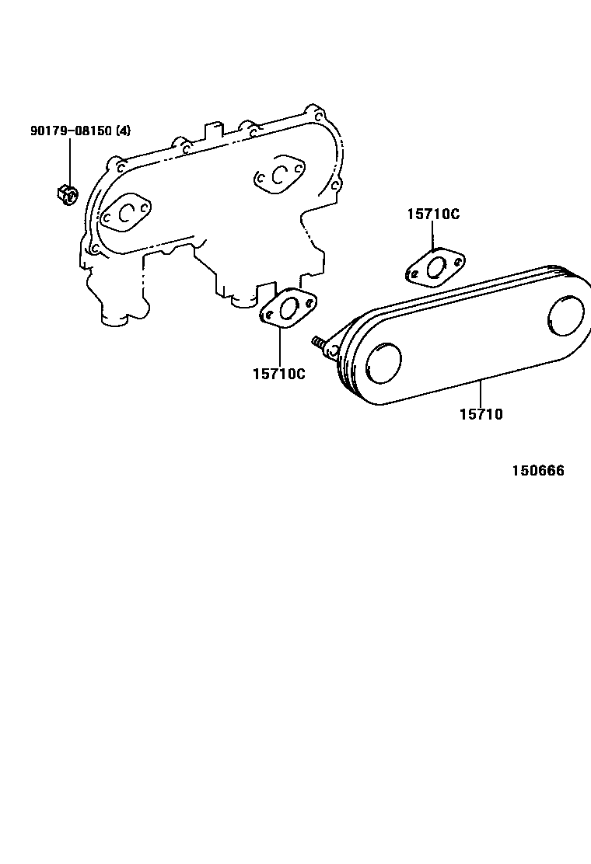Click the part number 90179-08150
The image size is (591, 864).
click(71, 131)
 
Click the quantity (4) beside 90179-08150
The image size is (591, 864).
click(123, 131)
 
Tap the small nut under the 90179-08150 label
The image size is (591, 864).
click(67, 191)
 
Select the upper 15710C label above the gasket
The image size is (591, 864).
click(432, 214)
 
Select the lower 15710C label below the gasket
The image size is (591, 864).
click(278, 374)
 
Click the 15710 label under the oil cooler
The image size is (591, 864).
click(481, 414)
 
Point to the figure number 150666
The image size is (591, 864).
click(537, 471)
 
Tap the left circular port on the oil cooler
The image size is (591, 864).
click(383, 363)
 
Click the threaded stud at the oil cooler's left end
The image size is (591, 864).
click(320, 343)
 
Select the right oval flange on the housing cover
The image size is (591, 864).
click(278, 176)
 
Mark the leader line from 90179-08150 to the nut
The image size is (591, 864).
click(68, 159)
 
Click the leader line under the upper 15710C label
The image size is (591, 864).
click(433, 236)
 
